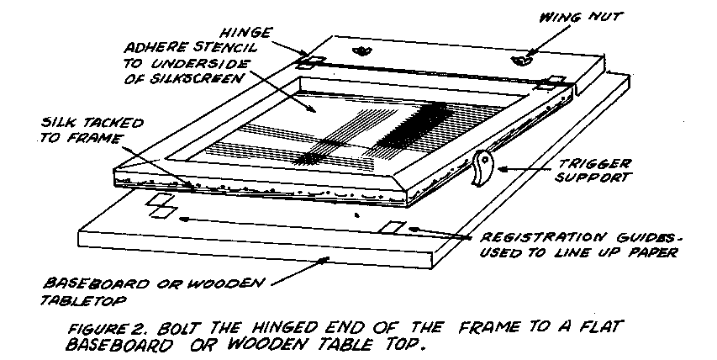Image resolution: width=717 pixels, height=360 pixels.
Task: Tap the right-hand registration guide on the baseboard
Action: pos(393,227)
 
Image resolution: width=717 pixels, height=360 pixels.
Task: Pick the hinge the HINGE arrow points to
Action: pos(308,63)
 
